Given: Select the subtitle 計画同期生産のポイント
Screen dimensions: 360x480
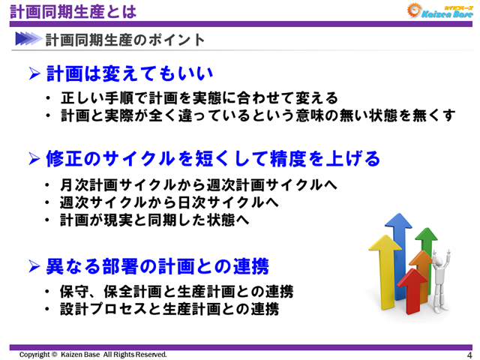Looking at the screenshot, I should tap(124, 38).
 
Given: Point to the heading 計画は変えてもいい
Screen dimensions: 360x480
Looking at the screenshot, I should tap(130, 73).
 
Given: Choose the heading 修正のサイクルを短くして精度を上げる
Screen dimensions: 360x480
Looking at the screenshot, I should tap(213, 159).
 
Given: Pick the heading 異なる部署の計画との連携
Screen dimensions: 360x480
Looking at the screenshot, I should tap(157, 265).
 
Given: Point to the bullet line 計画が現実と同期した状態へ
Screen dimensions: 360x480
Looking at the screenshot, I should tap(154, 220).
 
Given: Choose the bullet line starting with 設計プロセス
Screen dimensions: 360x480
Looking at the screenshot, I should tap(169, 308).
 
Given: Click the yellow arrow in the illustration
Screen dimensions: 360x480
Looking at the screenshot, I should tap(379, 262).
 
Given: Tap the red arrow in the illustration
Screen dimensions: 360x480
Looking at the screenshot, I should tap(412, 289).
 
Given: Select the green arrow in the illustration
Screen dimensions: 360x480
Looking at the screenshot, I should tap(427, 247).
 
